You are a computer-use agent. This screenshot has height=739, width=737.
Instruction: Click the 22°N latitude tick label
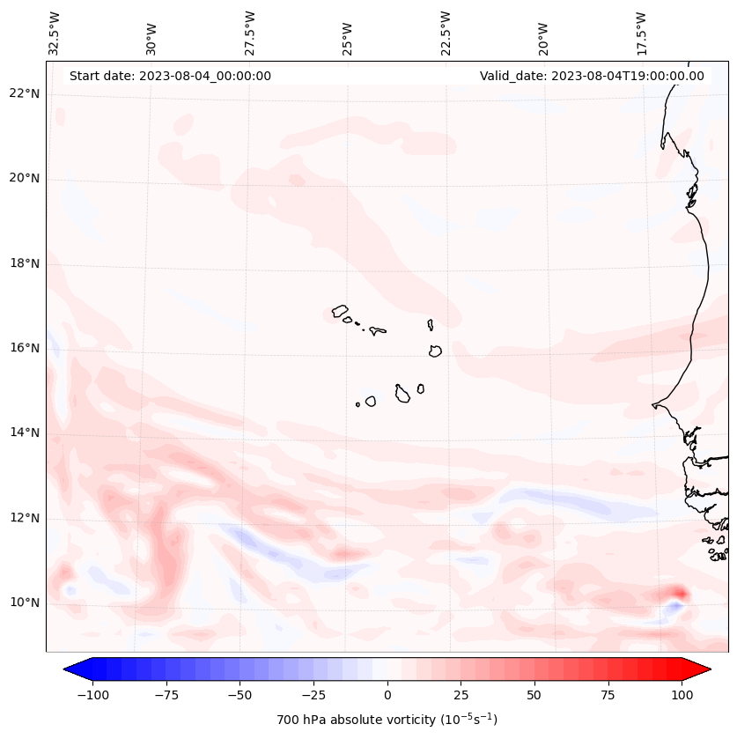(x=24, y=93)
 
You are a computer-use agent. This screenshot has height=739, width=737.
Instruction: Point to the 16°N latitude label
(x=24, y=348)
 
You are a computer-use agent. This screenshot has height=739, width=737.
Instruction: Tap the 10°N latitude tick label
(x=24, y=602)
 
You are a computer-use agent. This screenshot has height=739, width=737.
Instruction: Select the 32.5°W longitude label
(x=55, y=32)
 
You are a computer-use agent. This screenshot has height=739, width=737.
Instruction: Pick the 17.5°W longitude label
(x=641, y=32)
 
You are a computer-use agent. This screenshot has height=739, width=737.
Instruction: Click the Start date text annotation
(x=170, y=76)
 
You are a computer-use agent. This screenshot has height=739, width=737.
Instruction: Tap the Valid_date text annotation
(x=592, y=76)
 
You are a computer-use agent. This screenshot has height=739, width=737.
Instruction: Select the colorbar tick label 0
(x=387, y=695)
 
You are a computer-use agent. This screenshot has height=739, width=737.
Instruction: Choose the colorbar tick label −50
(x=239, y=695)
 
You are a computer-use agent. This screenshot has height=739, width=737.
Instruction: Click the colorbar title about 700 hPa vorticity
(x=387, y=720)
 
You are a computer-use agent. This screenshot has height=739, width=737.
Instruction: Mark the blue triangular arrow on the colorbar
(x=76, y=669)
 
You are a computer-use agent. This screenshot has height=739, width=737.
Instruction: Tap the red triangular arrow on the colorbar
(x=697, y=669)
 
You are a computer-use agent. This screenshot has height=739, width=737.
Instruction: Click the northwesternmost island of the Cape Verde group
(x=340, y=311)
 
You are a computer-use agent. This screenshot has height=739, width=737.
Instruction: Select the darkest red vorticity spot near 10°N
(x=678, y=594)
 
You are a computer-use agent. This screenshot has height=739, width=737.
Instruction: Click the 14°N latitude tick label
(x=24, y=432)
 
